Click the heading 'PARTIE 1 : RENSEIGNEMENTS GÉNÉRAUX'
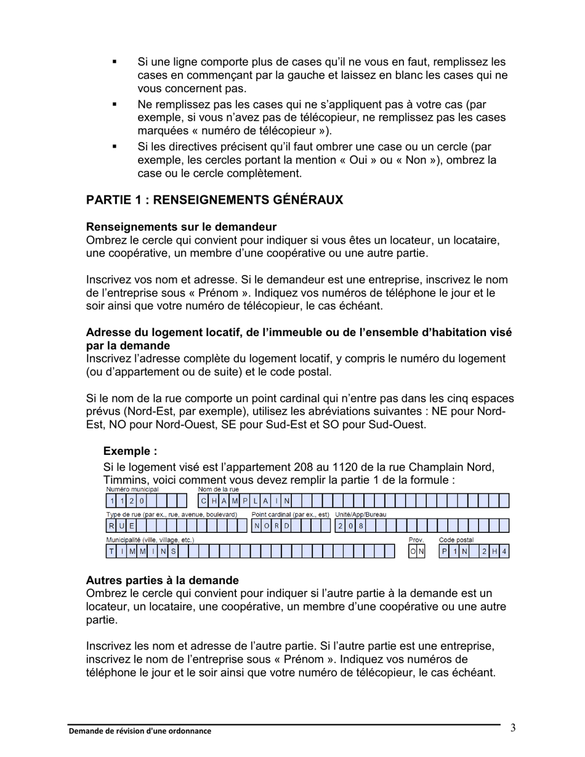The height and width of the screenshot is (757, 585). click(x=214, y=200)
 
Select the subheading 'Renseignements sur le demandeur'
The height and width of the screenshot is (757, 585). click(x=181, y=226)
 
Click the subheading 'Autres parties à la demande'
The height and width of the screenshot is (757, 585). click(x=162, y=580)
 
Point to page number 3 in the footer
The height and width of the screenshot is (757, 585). click(x=513, y=729)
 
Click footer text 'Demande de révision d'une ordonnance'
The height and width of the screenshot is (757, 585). click(x=139, y=731)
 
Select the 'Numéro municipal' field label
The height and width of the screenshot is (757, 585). click(x=132, y=490)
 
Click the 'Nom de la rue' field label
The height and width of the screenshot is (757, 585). click(x=218, y=490)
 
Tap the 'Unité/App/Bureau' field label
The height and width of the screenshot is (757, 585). click(x=360, y=515)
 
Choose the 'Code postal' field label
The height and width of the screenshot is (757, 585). click(x=456, y=540)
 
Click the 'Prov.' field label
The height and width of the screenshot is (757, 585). click(x=416, y=540)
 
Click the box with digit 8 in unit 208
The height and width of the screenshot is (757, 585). click(x=361, y=526)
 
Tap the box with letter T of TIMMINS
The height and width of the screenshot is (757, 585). click(x=111, y=551)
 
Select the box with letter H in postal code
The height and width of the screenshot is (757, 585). click(x=494, y=551)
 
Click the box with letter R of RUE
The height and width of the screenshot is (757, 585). click(x=111, y=526)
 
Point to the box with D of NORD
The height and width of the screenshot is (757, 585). click(x=286, y=526)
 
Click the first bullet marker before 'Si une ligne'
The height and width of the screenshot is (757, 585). click(x=115, y=62)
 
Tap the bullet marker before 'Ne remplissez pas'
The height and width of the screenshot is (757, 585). click(x=115, y=105)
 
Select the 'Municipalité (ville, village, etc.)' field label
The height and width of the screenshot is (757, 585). click(x=150, y=540)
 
